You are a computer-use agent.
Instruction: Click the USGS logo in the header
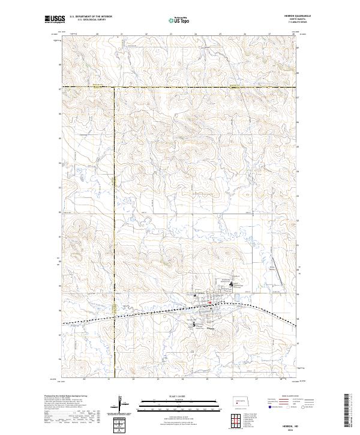54,19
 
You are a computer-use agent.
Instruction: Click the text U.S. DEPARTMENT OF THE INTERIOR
91,16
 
